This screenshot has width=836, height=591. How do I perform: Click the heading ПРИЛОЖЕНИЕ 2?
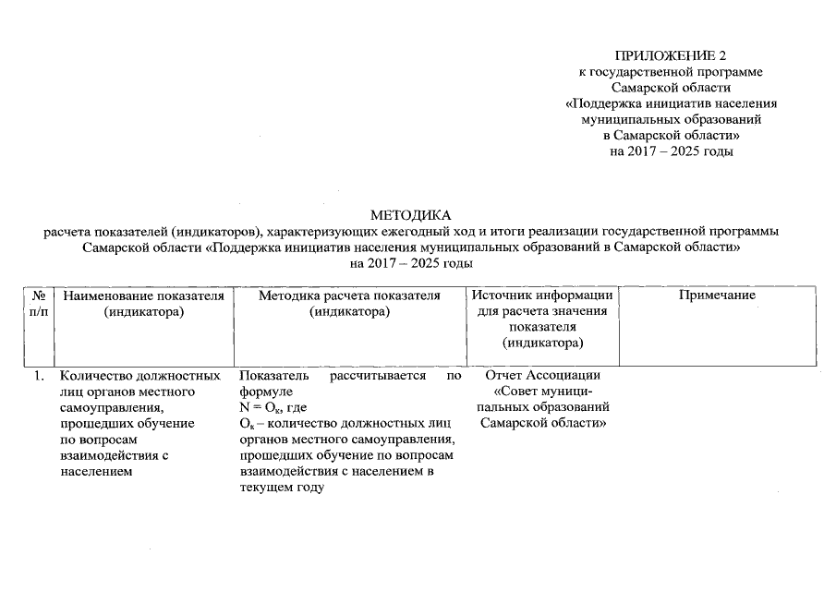click(678, 56)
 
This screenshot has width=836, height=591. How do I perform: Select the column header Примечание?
click(717, 295)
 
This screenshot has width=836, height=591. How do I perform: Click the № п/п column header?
click(39, 304)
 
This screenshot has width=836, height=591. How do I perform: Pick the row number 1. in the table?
click(40, 376)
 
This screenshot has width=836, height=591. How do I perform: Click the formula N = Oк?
click(273, 407)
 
